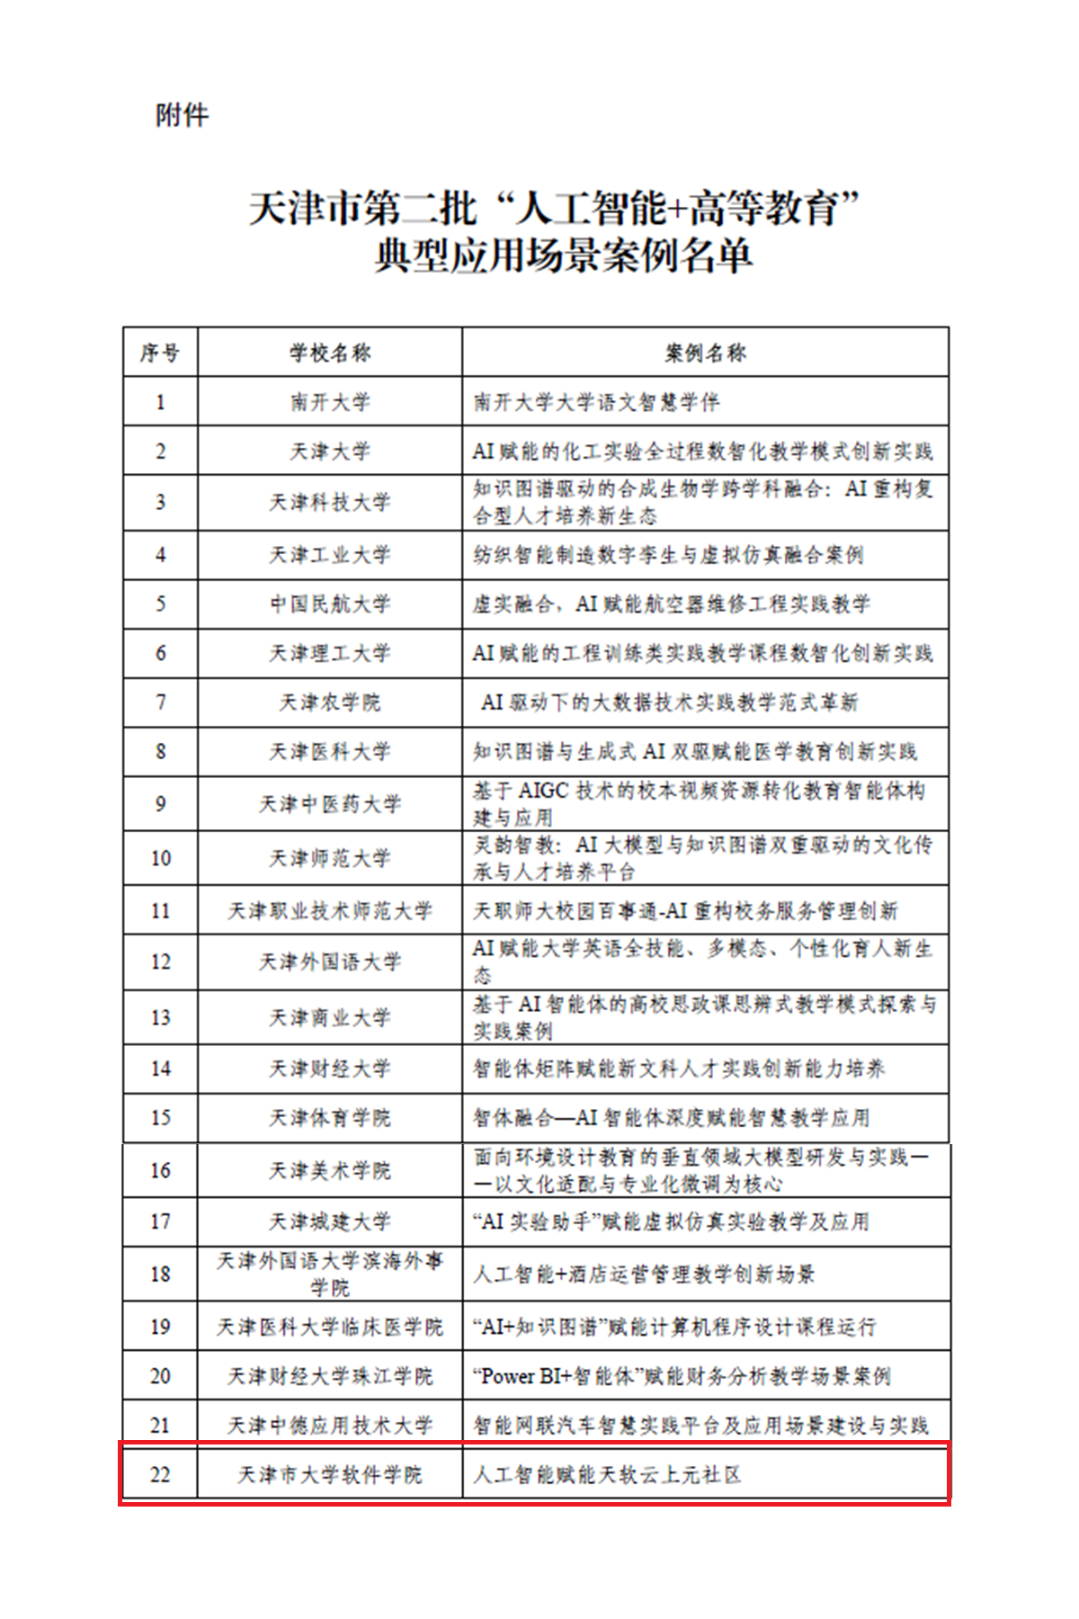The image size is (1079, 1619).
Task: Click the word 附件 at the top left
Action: tap(183, 115)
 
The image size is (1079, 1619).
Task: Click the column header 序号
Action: tap(160, 353)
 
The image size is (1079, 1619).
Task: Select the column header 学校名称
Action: tap(330, 353)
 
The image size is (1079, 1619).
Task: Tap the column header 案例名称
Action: tap(706, 353)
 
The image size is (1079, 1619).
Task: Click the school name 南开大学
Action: tap(330, 402)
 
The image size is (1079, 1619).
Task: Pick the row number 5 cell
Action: tap(160, 604)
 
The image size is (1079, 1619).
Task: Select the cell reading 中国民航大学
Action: tap(330, 604)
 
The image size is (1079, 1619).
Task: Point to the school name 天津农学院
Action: tap(330, 702)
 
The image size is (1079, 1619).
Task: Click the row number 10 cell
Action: tap(160, 858)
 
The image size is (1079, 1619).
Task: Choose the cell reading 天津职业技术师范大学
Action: tap(330, 911)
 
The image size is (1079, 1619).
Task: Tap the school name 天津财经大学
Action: tap(330, 1069)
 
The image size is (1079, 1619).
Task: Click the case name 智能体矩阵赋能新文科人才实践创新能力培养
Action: tap(679, 1069)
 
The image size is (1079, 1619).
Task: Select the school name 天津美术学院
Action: tap(330, 1170)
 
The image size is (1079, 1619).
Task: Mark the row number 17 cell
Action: tap(160, 1221)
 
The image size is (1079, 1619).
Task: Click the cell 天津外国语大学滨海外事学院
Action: tap(330, 1274)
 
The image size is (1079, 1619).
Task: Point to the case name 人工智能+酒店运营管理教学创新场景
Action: tap(644, 1274)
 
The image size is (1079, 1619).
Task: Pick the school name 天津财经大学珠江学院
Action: tap(330, 1376)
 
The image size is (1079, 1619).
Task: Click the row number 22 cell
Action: tap(160, 1474)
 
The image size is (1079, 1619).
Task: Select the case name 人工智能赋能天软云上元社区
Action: tap(607, 1474)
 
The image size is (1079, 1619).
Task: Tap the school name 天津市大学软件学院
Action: tap(330, 1474)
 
